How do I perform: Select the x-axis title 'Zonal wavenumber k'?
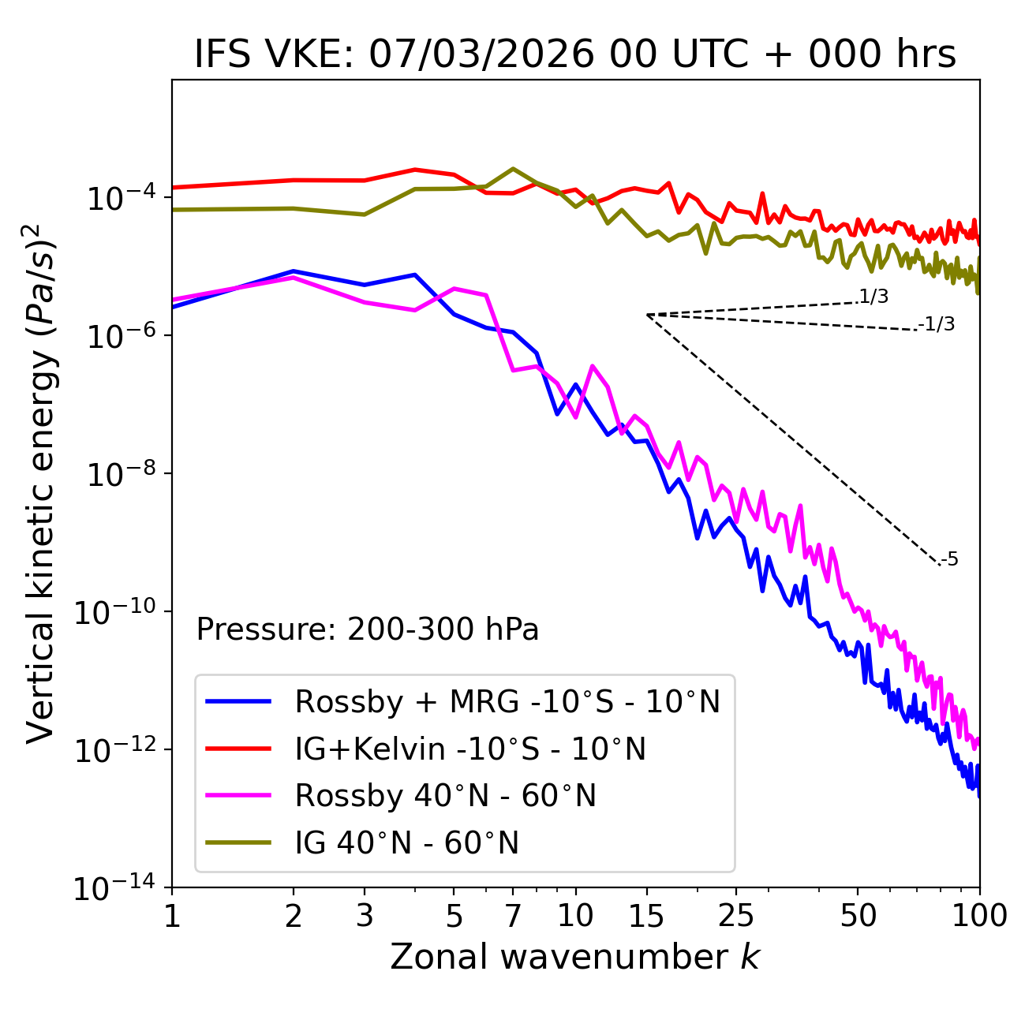tap(574, 956)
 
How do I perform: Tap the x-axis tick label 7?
tap(513, 915)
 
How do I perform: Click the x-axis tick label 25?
tap(736, 915)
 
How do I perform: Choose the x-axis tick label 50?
tap(858, 915)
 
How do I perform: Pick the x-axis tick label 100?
tap(979, 915)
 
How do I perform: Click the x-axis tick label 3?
tap(365, 915)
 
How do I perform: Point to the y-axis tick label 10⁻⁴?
tap(119, 198)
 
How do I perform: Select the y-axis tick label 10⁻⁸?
tap(119, 474)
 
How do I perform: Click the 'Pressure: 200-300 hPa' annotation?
tap(368, 629)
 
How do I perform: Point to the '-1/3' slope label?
tap(937, 324)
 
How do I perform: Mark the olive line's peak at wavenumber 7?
tap(513, 169)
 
